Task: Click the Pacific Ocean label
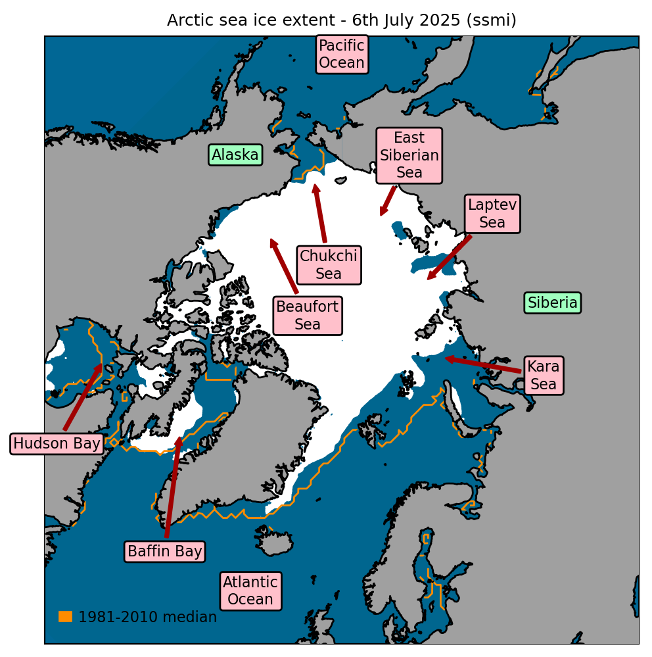click(341, 55)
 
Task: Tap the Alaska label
click(235, 155)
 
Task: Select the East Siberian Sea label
click(409, 155)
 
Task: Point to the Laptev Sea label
click(492, 214)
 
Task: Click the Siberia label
click(553, 303)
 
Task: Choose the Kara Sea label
click(544, 375)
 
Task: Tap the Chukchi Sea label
click(329, 265)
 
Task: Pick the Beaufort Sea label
click(308, 316)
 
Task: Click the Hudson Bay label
click(57, 443)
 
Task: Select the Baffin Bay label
click(164, 551)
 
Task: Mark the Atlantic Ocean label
click(250, 591)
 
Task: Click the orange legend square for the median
click(65, 616)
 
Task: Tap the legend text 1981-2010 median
click(147, 617)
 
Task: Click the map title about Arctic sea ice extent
click(341, 20)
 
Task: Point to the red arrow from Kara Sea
click(483, 365)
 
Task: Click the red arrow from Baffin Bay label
click(173, 487)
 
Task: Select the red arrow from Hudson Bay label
click(82, 398)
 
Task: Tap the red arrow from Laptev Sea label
click(450, 257)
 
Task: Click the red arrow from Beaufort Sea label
click(284, 266)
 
